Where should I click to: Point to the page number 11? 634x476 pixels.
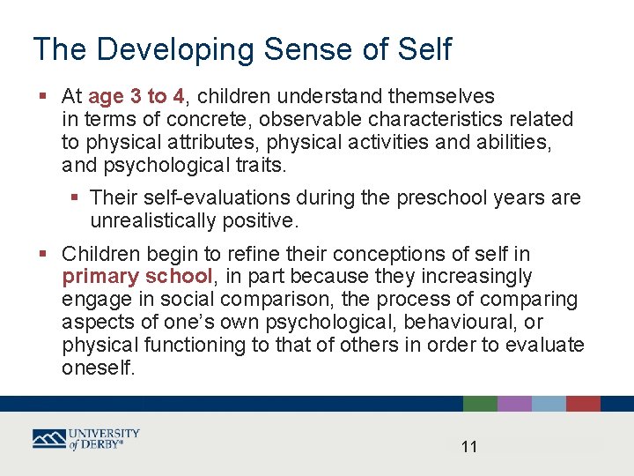tap(469, 447)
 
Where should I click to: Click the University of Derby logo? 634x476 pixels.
tap(86, 439)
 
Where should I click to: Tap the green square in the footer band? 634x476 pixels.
tap(480, 404)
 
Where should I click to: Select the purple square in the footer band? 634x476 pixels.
tap(514, 404)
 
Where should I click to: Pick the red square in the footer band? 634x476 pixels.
tap(583, 404)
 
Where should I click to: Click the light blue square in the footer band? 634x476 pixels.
tap(549, 404)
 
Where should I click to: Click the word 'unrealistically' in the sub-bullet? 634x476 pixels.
tap(154, 220)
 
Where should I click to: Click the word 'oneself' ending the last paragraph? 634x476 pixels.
tap(96, 368)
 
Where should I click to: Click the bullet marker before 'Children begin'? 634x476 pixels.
tap(43, 255)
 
